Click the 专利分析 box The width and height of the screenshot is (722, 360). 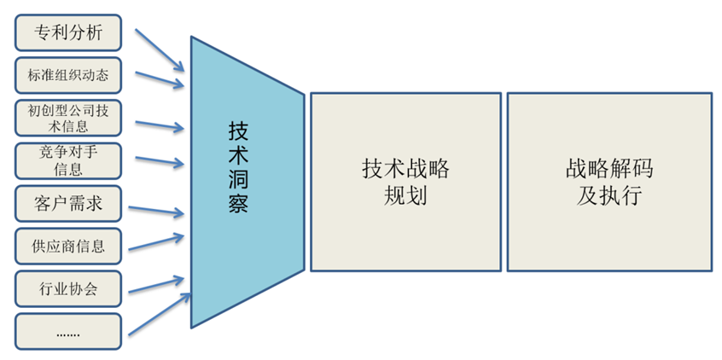68,33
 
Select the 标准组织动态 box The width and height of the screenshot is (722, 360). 68,75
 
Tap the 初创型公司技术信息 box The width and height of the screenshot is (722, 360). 68,118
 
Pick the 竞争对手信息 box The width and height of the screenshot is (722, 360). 68,160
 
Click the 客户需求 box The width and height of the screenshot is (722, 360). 68,203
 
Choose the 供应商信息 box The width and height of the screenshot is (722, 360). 68,246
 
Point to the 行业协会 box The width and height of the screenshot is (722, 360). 68,288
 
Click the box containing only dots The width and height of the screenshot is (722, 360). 68,331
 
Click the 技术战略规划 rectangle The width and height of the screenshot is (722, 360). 405,182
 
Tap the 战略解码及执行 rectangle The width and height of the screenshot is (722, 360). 608,182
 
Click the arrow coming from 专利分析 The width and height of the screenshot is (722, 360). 160,49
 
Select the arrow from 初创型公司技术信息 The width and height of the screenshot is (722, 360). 160,125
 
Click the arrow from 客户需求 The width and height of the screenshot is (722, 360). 160,209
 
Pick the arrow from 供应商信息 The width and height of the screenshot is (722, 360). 160,242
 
